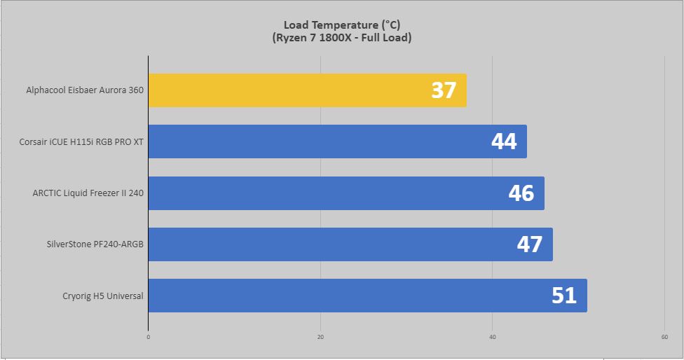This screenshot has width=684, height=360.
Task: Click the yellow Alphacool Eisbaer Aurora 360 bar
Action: pyautogui.click(x=308, y=90)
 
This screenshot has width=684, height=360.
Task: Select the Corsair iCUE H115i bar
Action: pyautogui.click(x=338, y=141)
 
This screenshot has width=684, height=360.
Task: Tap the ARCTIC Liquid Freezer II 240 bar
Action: pyautogui.click(x=346, y=193)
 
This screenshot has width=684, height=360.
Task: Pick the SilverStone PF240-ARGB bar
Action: pyautogui.click(x=350, y=244)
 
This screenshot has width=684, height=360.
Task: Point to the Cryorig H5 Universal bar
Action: pyautogui.click(x=368, y=296)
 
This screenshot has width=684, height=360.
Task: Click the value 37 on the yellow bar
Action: pyautogui.click(x=444, y=90)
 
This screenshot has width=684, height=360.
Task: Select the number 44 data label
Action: pyautogui.click(x=504, y=141)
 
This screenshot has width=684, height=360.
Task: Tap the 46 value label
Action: pyautogui.click(x=521, y=193)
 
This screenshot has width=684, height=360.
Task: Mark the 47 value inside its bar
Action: pyautogui.click(x=530, y=244)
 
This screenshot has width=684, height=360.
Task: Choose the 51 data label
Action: pyautogui.click(x=564, y=296)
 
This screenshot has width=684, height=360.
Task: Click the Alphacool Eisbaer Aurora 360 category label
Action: pyautogui.click(x=85, y=90)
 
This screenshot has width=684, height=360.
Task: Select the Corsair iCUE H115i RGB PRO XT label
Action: pyautogui.click(x=81, y=142)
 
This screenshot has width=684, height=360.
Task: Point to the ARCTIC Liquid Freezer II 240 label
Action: pyautogui.click(x=88, y=193)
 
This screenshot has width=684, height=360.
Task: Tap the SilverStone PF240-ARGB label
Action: pyautogui.click(x=95, y=244)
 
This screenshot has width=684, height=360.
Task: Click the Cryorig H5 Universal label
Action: pyautogui.click(x=103, y=296)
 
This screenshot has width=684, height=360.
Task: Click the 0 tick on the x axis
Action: pyautogui.click(x=149, y=337)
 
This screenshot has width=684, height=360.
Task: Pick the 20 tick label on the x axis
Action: pyautogui.click(x=321, y=337)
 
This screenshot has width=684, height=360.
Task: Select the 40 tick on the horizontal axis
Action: pyautogui.click(x=493, y=337)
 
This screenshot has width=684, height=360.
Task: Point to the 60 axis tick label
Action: pyautogui.click(x=664, y=337)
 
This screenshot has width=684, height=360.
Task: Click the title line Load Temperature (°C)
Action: pyautogui.click(x=342, y=25)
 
